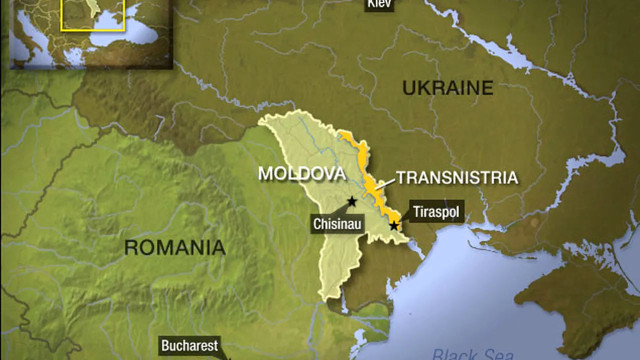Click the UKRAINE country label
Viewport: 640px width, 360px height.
pos(447,88)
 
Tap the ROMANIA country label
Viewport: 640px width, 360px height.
pos(174,247)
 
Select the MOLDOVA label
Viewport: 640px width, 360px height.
pos(301,174)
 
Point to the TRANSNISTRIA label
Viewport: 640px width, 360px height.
pos(456,177)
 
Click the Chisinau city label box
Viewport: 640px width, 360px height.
pos(337,224)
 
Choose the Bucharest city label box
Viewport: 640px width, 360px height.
pos(189,345)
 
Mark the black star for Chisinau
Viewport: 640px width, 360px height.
pos(352,201)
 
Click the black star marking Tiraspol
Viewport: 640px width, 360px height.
pos(394,225)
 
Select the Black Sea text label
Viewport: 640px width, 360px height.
pos(472,354)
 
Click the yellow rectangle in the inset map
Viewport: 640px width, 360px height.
pos(92,15)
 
